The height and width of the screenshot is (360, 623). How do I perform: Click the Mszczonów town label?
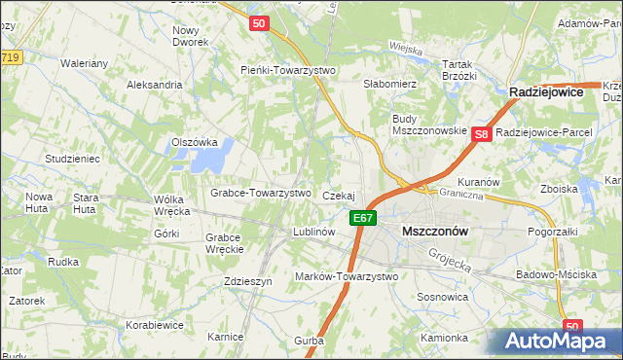coord(435,232)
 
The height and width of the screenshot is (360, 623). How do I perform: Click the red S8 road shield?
coord(481,136)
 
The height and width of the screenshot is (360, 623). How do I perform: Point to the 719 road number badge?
coord(11,58)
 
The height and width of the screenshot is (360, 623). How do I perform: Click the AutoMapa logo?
coord(556,341)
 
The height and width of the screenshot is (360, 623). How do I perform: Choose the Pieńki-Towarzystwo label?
coord(287,70)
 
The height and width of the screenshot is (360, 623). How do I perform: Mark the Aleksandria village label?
coord(155,85)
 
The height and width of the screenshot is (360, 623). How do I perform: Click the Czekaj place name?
coord(338,196)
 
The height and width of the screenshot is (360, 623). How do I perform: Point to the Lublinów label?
coord(314,233)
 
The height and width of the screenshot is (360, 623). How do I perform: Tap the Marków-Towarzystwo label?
coord(347,276)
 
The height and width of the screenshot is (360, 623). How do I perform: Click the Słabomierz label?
coord(389,84)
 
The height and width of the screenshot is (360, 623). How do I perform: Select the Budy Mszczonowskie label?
coord(428,125)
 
